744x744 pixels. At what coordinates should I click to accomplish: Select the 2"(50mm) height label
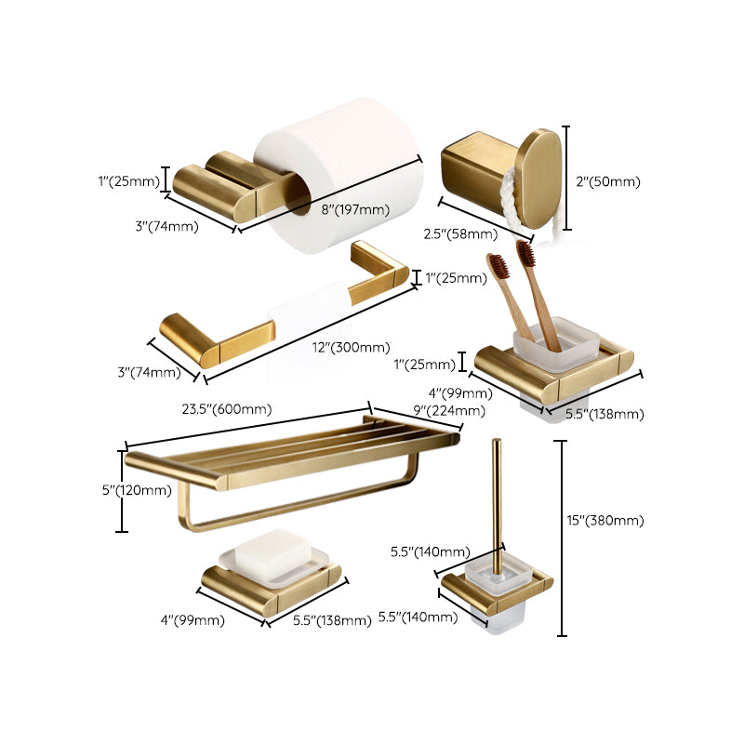pos(608,182)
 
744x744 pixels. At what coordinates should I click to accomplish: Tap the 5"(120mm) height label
pos(143,490)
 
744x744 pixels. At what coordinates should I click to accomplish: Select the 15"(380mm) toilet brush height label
pos(609,520)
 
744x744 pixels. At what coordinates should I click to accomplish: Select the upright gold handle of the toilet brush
pos(498,502)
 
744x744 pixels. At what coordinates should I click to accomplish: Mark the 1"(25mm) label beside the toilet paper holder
pos(128,180)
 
